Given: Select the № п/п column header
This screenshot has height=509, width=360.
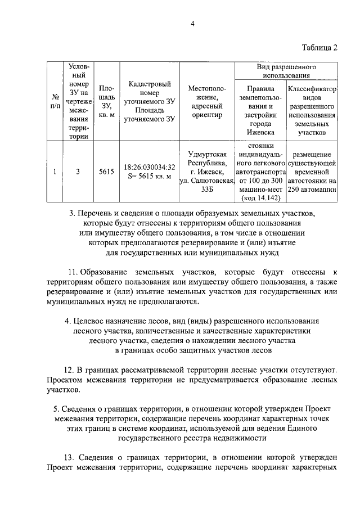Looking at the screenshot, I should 54,101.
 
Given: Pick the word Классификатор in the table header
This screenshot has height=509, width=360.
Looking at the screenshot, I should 312,88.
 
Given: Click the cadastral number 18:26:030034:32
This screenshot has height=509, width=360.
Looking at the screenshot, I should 149,167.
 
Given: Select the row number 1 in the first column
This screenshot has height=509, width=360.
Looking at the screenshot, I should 54,172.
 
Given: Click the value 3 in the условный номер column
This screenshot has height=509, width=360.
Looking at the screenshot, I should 78,172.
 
